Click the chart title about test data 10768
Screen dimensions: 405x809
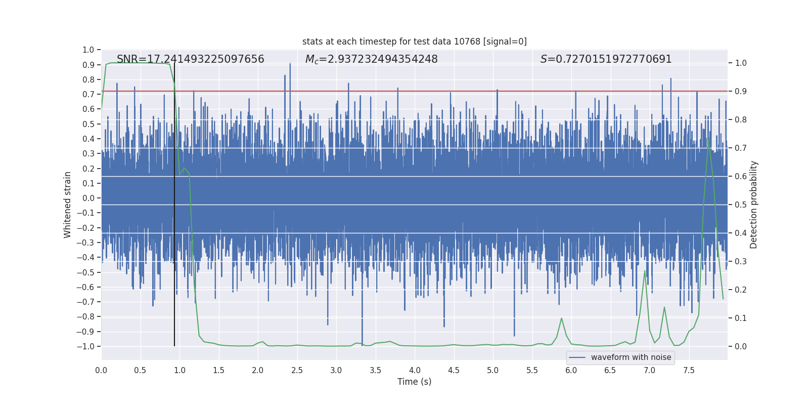coord(414,42)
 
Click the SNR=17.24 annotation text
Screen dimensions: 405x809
coord(190,59)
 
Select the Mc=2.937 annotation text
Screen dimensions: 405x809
coord(371,59)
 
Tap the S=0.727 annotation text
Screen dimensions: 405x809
coord(606,59)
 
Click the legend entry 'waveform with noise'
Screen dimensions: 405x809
coord(631,357)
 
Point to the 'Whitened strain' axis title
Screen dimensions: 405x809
coord(67,205)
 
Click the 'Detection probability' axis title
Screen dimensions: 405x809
coord(754,205)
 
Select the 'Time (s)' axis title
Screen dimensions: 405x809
coord(414,382)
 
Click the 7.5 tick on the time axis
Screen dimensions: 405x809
coord(689,370)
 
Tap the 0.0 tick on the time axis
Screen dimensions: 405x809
coord(101,370)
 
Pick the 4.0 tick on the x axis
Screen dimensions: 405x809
coord(415,370)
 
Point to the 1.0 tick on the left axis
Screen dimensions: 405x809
coord(88,50)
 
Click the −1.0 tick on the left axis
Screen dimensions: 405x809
coord(85,346)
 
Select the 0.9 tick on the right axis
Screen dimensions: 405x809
coord(741,92)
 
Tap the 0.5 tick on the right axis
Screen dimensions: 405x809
coord(741,205)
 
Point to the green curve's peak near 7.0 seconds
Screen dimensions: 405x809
coord(645,271)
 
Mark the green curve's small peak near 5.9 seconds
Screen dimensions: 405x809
coord(561,318)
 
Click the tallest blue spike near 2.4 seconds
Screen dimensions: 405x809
coord(290,63)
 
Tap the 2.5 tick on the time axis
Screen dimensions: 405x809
coord(297,370)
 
